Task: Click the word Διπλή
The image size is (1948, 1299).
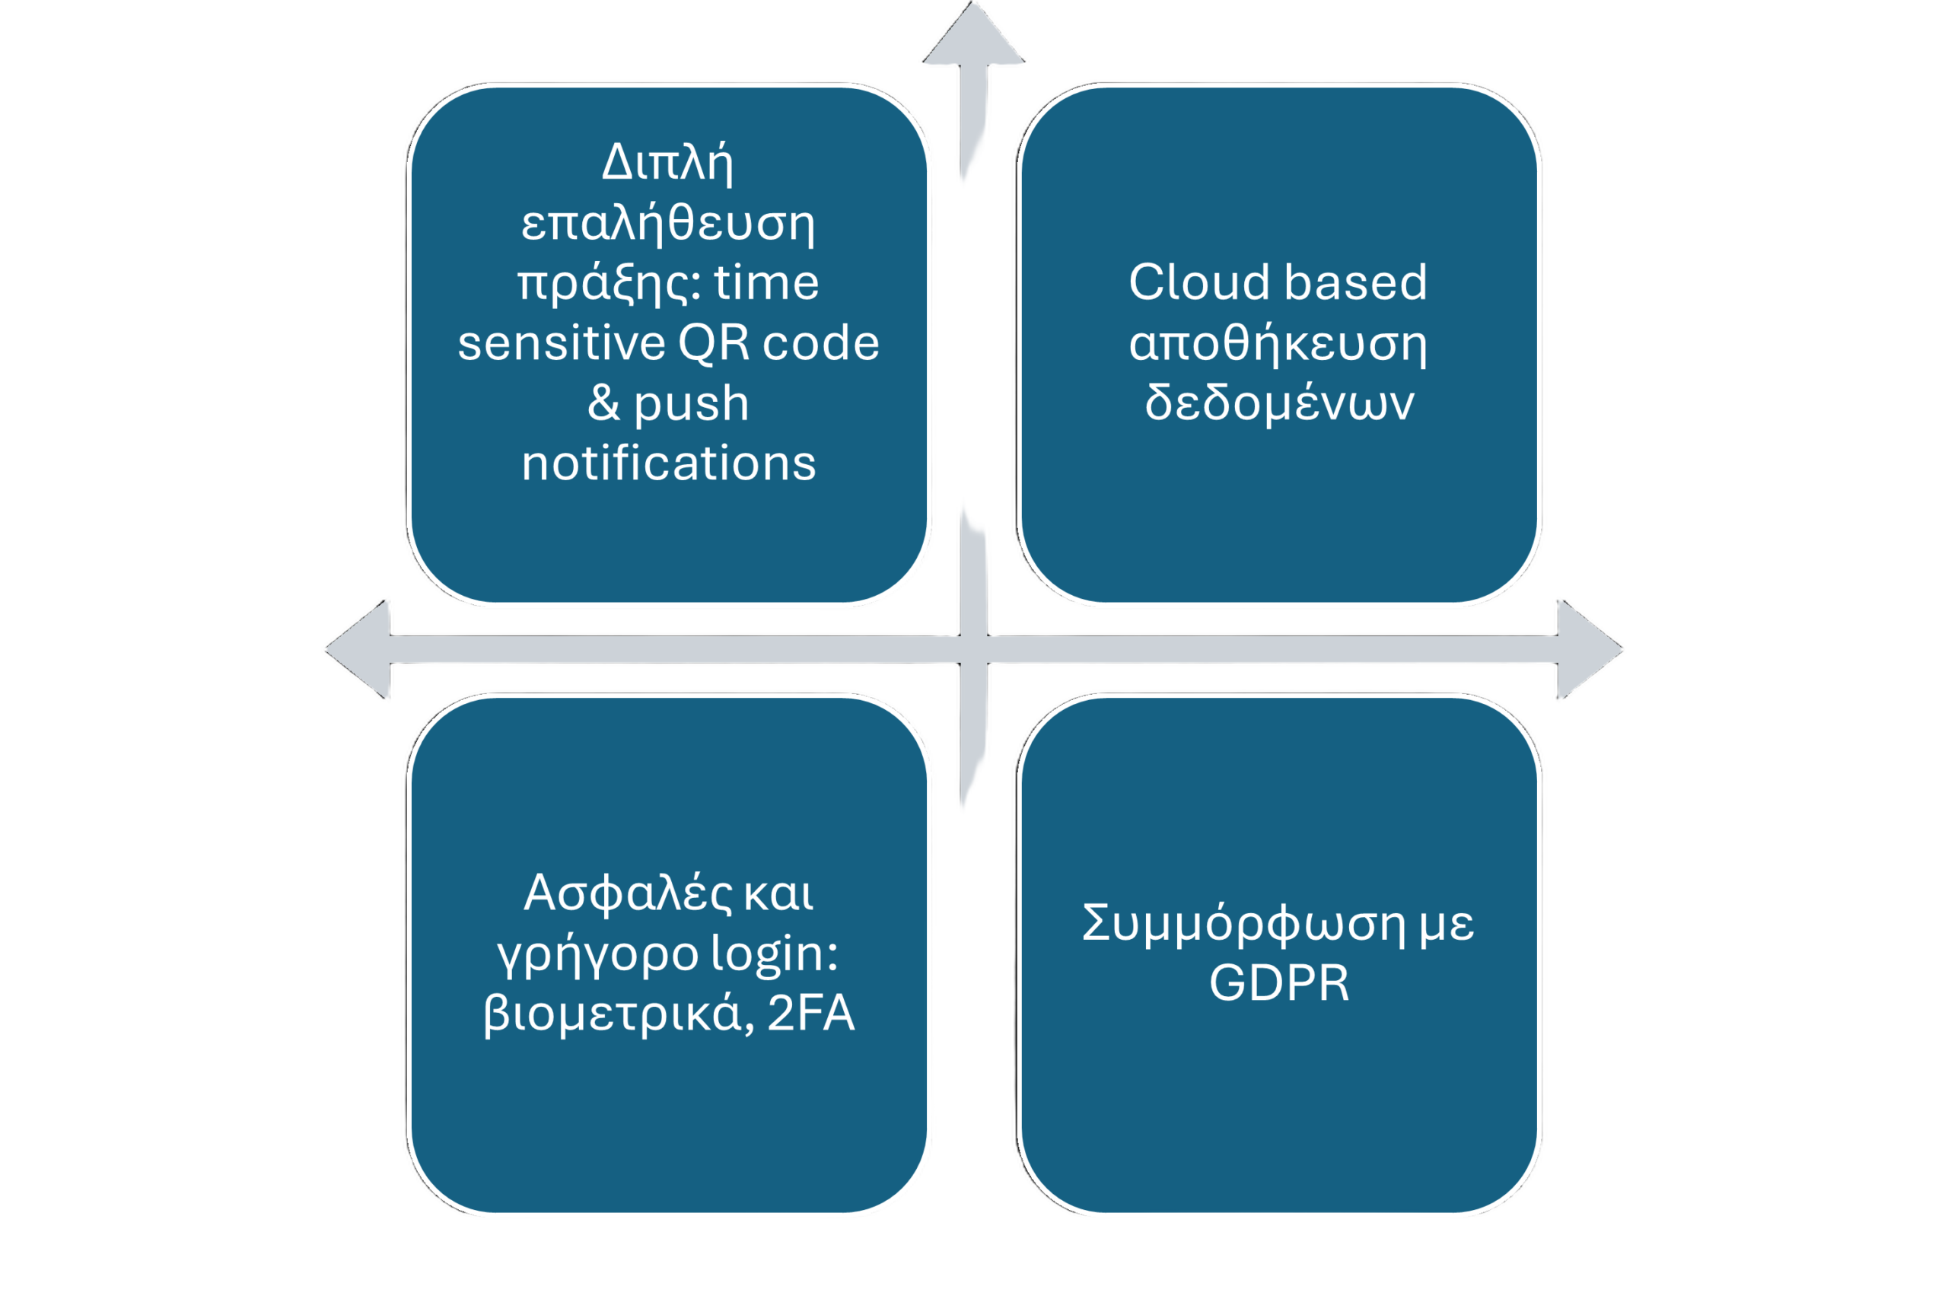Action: click(667, 162)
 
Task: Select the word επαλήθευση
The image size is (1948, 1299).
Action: click(667, 223)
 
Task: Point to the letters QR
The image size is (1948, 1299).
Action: click(713, 343)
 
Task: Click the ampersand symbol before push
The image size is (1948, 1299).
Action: click(603, 403)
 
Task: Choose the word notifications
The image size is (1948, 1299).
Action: click(668, 463)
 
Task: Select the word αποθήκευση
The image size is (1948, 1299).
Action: click(1278, 343)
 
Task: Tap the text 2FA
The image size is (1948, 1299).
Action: click(810, 1013)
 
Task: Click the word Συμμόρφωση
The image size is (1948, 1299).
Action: click(1243, 924)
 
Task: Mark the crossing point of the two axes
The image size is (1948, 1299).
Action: click(974, 650)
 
